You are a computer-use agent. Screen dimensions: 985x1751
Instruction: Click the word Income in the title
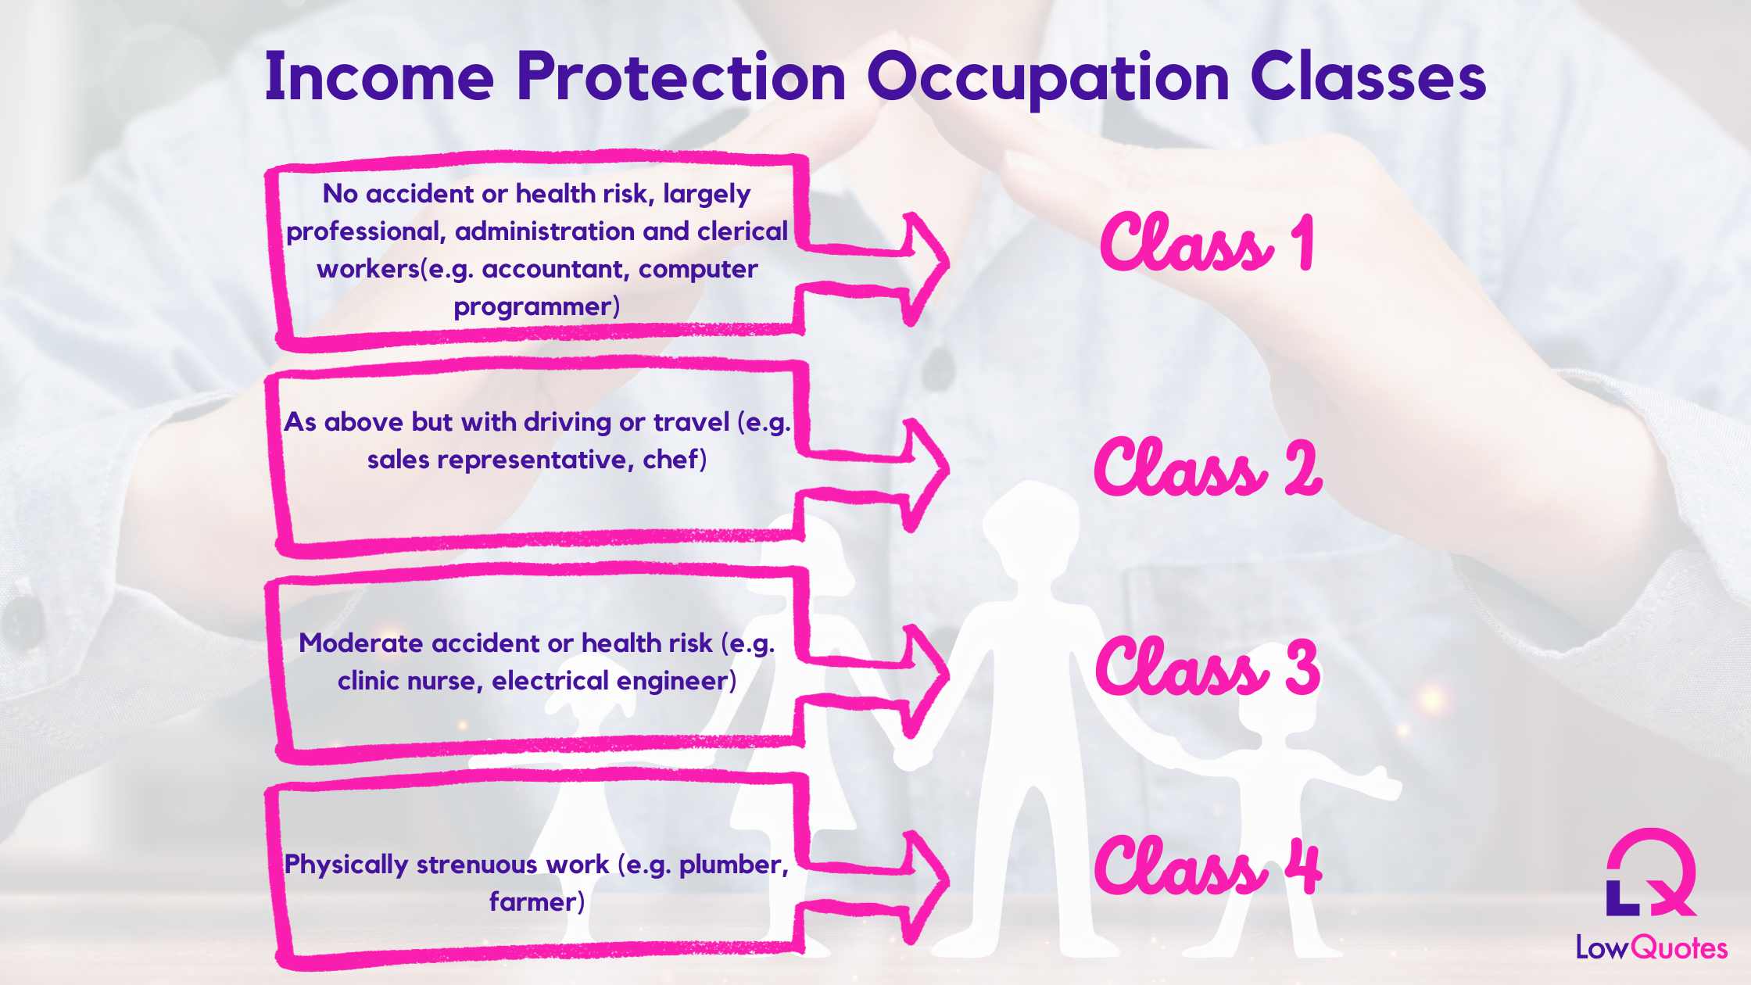click(379, 78)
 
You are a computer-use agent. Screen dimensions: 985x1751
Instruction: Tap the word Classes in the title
click(1368, 78)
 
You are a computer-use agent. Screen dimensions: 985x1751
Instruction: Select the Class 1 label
click(1208, 244)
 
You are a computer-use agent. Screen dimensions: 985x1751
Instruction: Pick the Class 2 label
click(1208, 467)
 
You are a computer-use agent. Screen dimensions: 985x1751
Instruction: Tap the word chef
click(670, 460)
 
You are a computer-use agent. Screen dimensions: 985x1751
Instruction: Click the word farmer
click(533, 902)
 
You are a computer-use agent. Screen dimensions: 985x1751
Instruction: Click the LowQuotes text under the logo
click(1651, 948)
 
